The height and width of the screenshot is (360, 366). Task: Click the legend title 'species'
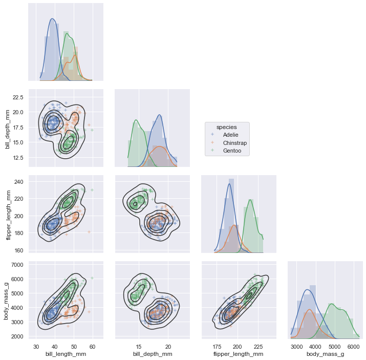click(x=227, y=126)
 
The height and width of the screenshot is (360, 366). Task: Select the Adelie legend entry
click(x=231, y=135)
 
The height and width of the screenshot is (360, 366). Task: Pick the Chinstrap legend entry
click(x=234, y=143)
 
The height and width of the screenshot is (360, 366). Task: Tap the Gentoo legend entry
click(x=232, y=151)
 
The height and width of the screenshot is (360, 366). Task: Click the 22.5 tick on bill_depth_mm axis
click(x=18, y=97)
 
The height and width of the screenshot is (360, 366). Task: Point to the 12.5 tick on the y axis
click(x=18, y=157)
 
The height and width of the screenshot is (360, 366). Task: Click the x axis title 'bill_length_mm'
click(x=66, y=354)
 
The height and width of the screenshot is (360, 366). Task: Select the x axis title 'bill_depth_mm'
click(x=153, y=354)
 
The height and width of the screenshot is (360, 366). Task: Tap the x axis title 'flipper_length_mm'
click(x=239, y=354)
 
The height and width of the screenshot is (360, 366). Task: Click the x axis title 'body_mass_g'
click(x=325, y=354)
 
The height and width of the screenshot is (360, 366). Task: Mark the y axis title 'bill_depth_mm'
click(x=8, y=128)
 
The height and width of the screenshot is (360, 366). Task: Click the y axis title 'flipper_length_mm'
click(x=8, y=214)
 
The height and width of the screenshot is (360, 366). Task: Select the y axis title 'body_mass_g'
click(x=8, y=300)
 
